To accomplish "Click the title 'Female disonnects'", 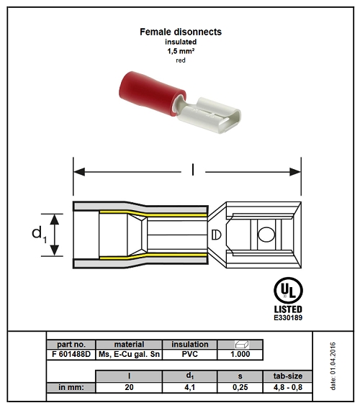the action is (x=181, y=32).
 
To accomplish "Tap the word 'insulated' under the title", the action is (x=181, y=42).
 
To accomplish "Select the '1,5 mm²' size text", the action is (x=181, y=51).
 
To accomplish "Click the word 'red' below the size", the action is (x=181, y=60).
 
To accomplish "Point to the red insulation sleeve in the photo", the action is (x=151, y=93).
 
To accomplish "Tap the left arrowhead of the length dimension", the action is (x=79, y=172).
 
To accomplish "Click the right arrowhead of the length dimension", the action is (x=295, y=172).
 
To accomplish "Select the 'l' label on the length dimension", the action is (x=193, y=170).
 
